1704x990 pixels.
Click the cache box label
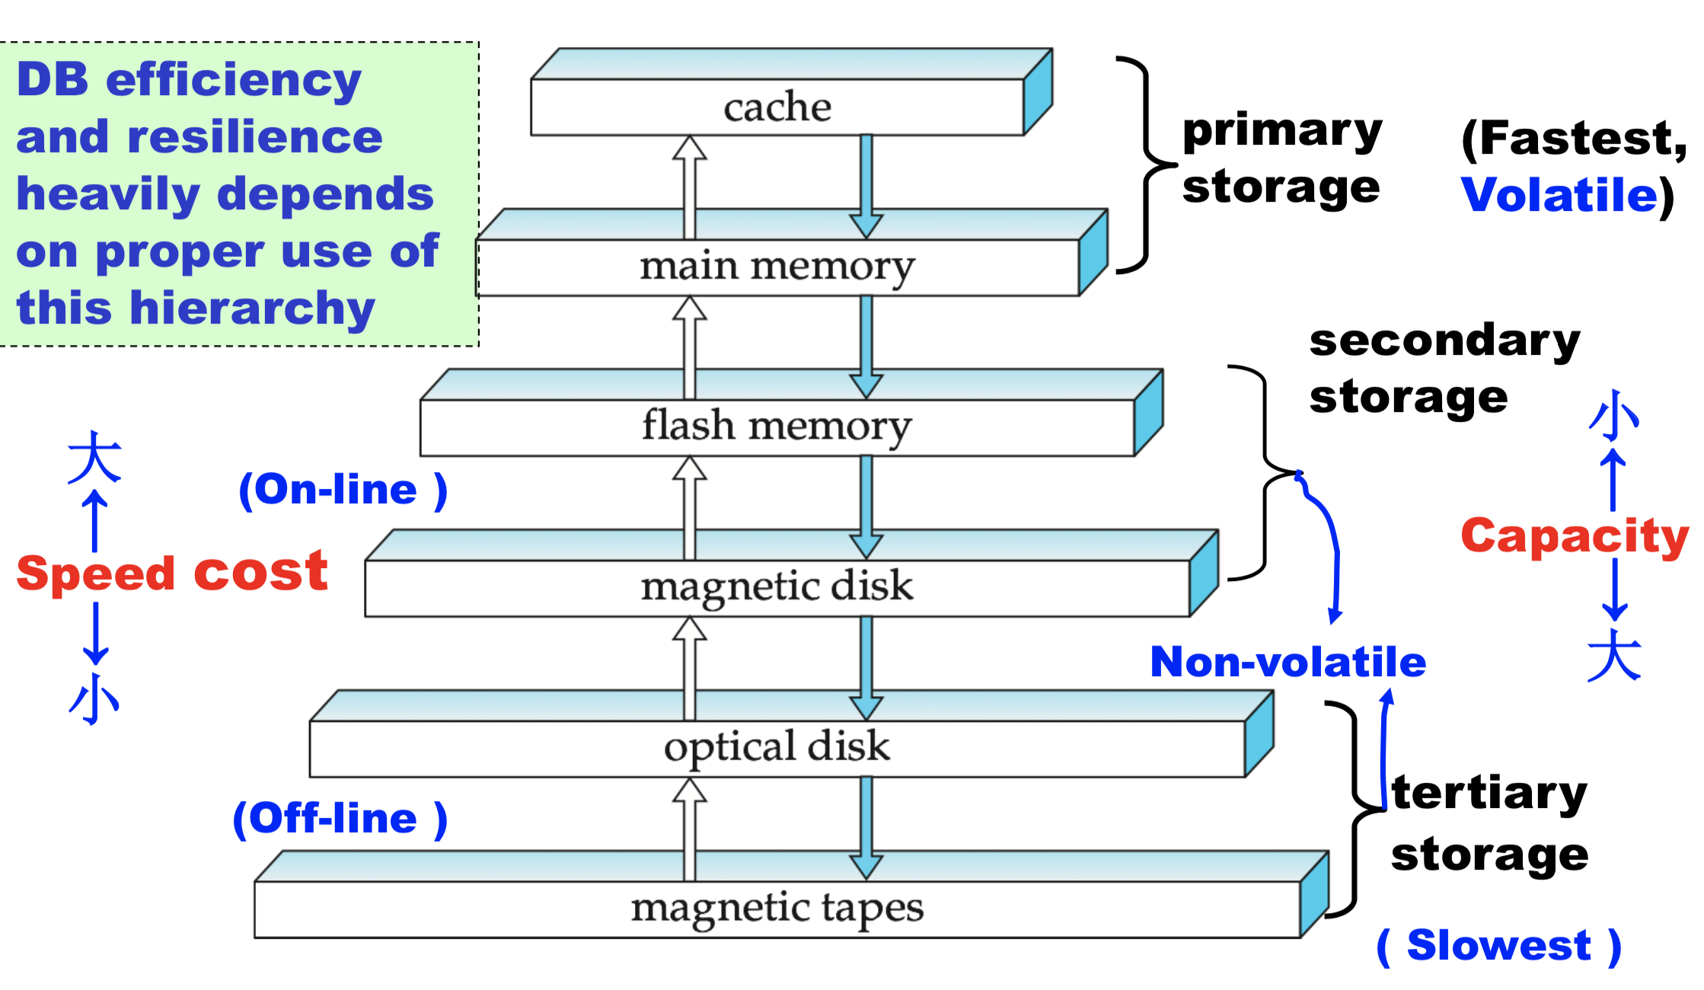777,107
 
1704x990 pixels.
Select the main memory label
777,267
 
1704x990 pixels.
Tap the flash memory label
777,426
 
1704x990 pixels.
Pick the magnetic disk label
777,587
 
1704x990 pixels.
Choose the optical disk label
777,747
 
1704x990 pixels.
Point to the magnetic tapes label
777,909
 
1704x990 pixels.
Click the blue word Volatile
1559,195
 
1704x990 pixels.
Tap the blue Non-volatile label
1288,662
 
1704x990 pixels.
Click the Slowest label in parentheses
1498,946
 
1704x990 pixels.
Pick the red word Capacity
1574,536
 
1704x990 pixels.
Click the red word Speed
95,574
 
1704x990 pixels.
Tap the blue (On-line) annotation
343,490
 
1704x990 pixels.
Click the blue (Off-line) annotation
340,819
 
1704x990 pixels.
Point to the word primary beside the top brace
1281,131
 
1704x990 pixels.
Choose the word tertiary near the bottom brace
1489,794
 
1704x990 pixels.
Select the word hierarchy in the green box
253,308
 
